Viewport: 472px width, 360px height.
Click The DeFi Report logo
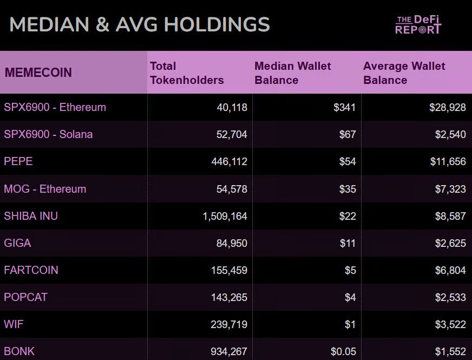[418, 25]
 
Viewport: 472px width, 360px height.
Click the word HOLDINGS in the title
[217, 25]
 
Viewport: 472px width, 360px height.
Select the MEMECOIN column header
[38, 73]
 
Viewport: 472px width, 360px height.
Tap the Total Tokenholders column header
[187, 73]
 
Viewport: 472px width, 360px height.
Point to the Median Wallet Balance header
[293, 73]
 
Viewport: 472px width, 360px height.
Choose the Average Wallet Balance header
[404, 73]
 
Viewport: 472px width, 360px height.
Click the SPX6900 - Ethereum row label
[55, 107]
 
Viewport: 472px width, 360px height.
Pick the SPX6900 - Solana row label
[48, 134]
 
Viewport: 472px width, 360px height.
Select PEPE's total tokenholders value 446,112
[229, 162]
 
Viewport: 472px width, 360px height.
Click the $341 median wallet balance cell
[345, 108]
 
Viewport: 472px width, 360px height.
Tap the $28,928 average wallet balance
[448, 108]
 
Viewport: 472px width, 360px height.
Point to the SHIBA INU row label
[31, 216]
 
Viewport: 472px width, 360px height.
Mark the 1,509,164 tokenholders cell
[225, 217]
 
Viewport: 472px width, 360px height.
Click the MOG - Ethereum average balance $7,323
[450, 189]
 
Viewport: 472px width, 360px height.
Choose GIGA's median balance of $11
[348, 243]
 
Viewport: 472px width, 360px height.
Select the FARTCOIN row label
[31, 270]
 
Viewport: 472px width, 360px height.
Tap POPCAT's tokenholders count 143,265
[229, 297]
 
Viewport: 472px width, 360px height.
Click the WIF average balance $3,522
[450, 324]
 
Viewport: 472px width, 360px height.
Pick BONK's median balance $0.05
[343, 351]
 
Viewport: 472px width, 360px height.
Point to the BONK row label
[19, 351]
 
